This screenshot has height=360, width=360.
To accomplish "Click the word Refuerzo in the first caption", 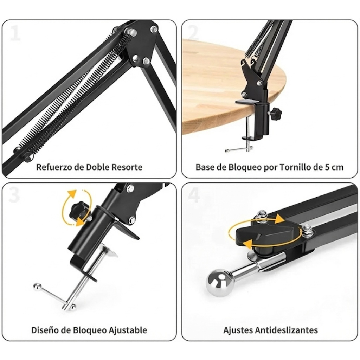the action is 54,167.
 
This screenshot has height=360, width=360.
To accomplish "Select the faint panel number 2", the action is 193,33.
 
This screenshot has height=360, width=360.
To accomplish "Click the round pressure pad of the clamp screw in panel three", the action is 109,251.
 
